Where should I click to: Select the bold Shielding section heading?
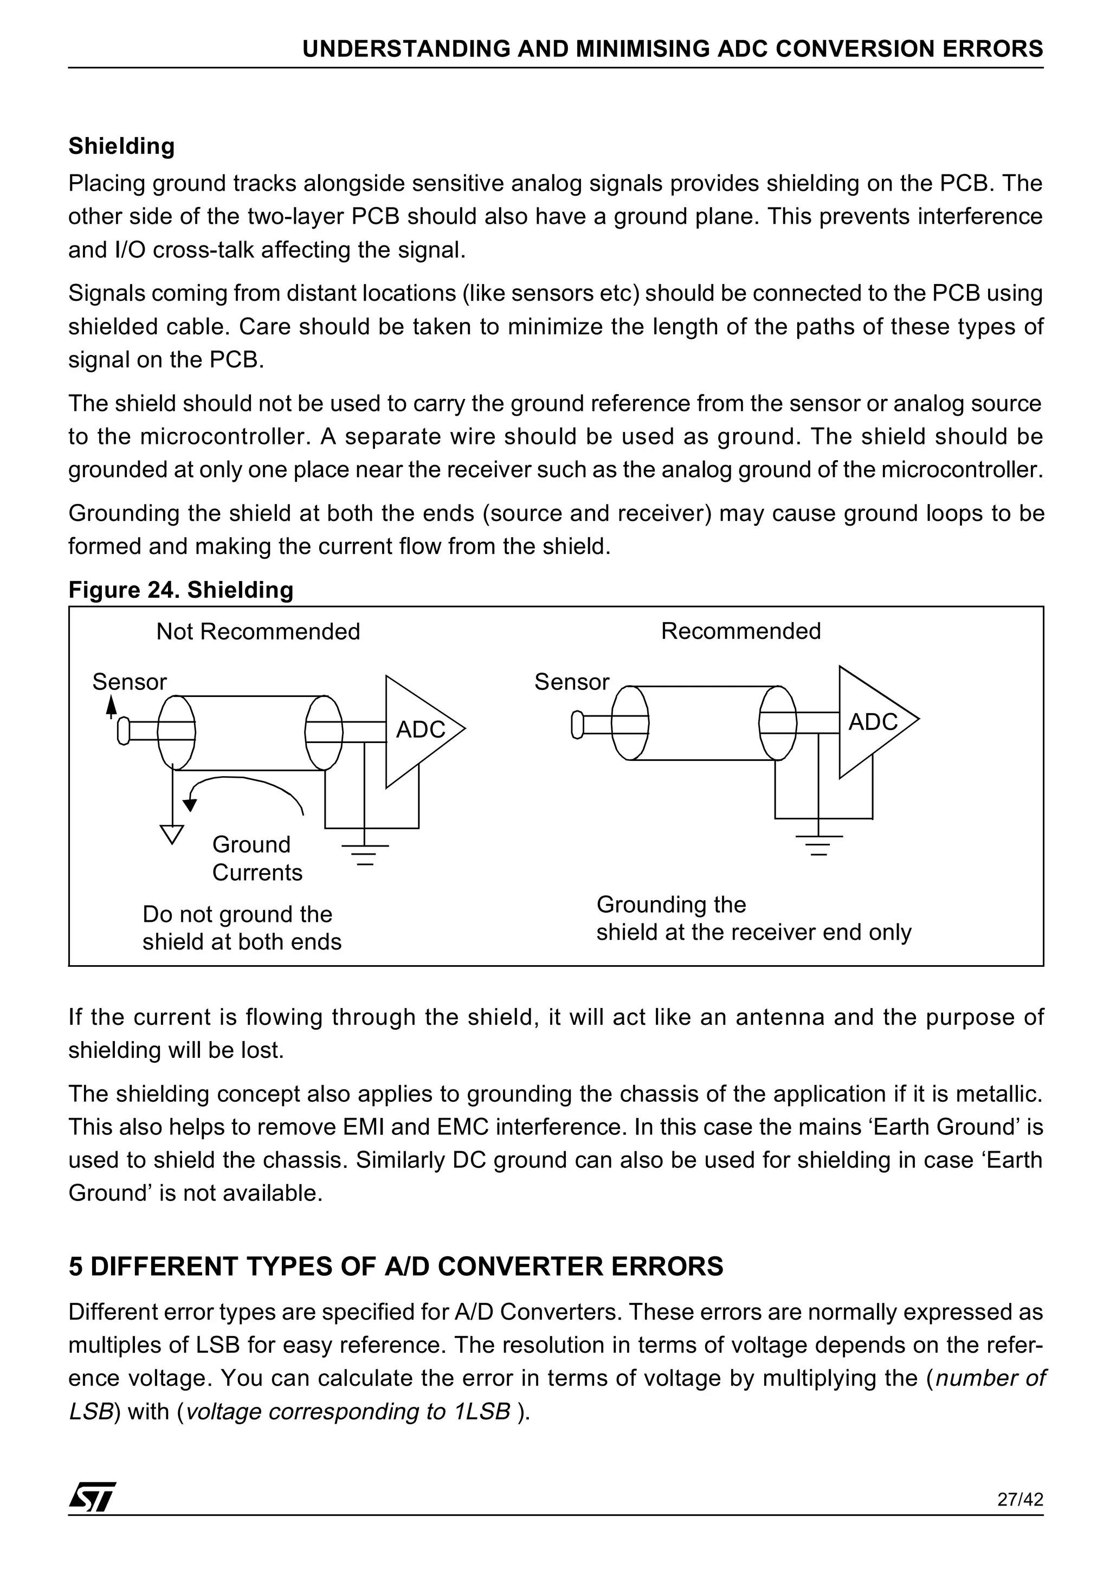121,146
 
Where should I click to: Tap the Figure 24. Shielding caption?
180,590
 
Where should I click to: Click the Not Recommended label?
258,631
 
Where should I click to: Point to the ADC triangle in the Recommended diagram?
873,721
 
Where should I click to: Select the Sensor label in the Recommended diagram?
571,682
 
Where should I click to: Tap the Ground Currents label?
257,858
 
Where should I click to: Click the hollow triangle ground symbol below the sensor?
172,834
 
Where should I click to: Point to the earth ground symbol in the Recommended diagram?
818,844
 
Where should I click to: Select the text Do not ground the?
237,914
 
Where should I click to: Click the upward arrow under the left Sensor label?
111,706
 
